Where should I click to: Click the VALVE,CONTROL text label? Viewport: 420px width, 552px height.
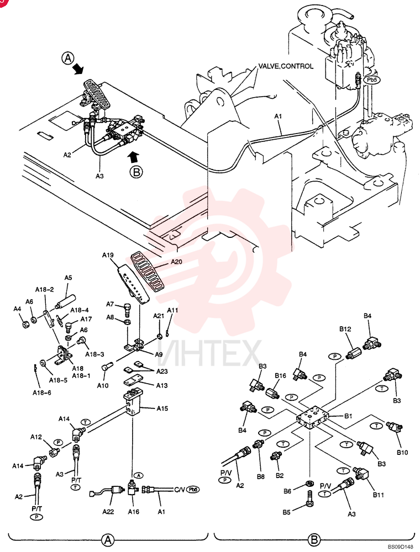[x=286, y=66]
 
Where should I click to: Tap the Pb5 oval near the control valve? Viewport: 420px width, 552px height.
[x=372, y=80]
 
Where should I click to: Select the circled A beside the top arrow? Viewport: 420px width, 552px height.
[x=69, y=58]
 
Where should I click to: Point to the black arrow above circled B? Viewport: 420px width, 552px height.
[x=134, y=157]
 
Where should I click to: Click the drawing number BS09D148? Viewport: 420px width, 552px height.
[x=401, y=546]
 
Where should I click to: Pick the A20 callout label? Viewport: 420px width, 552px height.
[x=176, y=262]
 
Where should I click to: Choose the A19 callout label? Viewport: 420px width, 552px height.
[x=108, y=255]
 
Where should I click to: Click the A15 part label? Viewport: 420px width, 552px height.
[x=162, y=408]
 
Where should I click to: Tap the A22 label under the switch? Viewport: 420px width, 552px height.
[x=108, y=512]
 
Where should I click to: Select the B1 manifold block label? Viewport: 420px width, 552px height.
[x=348, y=416]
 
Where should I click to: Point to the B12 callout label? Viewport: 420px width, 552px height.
[x=345, y=329]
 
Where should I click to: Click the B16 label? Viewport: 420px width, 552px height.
[x=281, y=375]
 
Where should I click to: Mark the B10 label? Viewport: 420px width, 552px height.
[x=402, y=453]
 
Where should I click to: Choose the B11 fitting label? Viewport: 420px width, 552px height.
[x=379, y=495]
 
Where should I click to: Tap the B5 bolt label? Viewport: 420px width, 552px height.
[x=286, y=512]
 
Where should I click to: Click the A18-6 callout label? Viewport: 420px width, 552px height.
[x=41, y=392]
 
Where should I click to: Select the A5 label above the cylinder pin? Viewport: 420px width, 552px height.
[x=68, y=278]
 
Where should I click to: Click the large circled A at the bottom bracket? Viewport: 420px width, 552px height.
[x=108, y=539]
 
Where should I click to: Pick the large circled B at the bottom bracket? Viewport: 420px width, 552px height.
[x=314, y=539]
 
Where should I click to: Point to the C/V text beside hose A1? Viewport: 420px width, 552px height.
[x=180, y=490]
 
